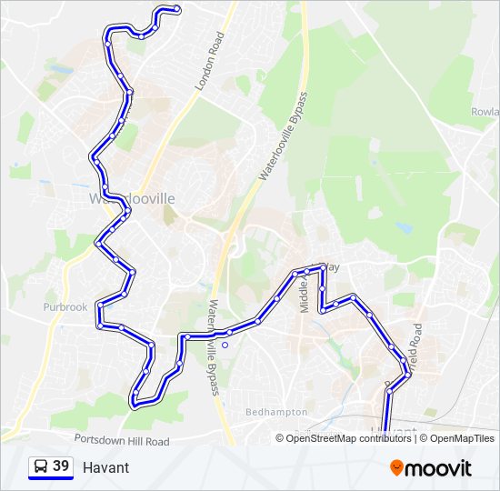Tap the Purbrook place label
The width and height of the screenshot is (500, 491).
coord(65,306)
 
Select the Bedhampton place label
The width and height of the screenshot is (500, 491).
coord(277,412)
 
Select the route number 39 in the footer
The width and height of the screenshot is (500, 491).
coord(61,466)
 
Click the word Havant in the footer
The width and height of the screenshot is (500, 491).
coord(105,467)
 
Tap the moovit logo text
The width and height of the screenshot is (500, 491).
coord(438,468)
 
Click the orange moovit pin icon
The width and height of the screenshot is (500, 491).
coord(396,467)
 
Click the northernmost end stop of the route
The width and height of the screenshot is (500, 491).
coord(177,10)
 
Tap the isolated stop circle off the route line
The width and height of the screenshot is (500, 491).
coord(225,345)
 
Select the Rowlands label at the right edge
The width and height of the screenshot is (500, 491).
coord(484,112)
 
